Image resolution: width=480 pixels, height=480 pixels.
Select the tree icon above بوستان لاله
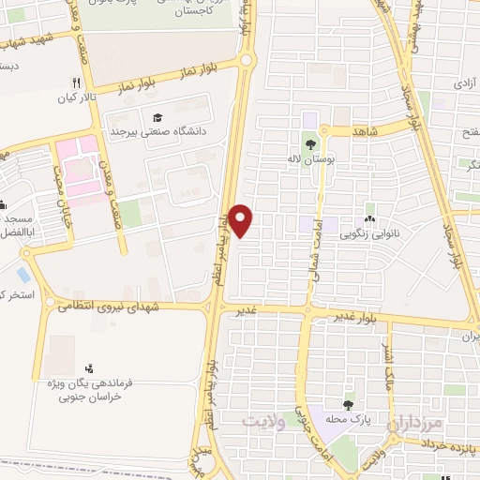tap(310, 143)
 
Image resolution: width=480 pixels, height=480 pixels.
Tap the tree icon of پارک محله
tap(349, 405)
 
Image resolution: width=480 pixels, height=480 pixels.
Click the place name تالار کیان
tap(79, 97)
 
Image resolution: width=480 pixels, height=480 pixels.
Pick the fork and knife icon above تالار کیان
tap(77, 82)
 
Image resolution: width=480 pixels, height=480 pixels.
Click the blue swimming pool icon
tap(22, 275)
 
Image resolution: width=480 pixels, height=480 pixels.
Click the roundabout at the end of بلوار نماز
tap(247, 61)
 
